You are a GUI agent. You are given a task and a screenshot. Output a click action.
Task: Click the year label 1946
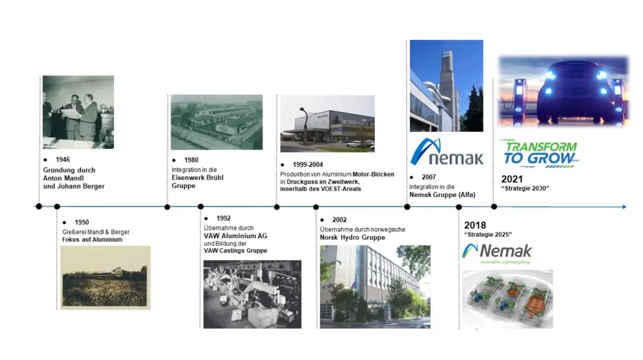point(63,160)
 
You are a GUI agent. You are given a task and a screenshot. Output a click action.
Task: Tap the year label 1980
point(191,160)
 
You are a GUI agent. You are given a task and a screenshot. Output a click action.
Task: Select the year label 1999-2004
point(308,165)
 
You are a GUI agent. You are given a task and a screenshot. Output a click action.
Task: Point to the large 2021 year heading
point(512,179)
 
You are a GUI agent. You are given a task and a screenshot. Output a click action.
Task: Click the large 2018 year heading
point(475,225)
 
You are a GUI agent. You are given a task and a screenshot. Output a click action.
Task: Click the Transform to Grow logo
point(540,154)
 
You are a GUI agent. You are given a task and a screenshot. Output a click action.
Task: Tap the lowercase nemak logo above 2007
point(447,152)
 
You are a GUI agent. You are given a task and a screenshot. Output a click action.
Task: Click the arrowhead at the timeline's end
point(624,207)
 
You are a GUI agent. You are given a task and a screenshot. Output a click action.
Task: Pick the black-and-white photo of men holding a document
point(78,112)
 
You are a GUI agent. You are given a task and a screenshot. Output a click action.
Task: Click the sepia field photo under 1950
point(105,278)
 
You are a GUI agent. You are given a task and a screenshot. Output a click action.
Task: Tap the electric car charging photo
point(564,91)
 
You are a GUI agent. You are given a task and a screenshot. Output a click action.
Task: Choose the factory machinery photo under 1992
point(252,294)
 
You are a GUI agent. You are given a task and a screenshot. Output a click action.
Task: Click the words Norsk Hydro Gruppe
point(352,237)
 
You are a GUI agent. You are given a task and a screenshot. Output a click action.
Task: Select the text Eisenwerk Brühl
point(197,178)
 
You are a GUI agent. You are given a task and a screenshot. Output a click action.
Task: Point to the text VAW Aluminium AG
point(235,236)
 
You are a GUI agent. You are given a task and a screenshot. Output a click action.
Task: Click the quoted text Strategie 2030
point(525,188)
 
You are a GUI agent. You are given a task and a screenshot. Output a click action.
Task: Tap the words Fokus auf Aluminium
point(92,240)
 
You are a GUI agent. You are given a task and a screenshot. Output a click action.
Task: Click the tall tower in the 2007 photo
point(447,89)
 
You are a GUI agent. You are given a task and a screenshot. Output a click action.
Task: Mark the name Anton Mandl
point(63,179)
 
